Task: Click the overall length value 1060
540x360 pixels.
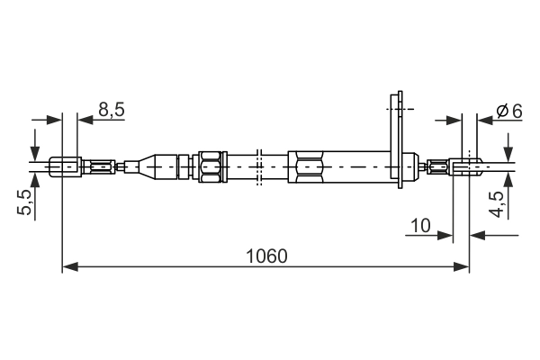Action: pyautogui.click(x=265, y=256)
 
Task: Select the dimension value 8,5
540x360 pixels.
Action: pyautogui.click(x=112, y=110)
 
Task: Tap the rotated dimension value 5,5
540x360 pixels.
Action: pyautogui.click(x=25, y=203)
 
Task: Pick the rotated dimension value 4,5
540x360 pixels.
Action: pyautogui.click(x=496, y=204)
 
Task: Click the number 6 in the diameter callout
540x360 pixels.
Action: pyautogui.click(x=516, y=111)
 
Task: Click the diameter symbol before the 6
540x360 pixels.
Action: pyautogui.click(x=501, y=111)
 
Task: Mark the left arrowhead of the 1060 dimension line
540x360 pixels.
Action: pyautogui.click(x=69, y=266)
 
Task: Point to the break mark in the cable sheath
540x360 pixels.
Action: pyautogui.click(x=258, y=166)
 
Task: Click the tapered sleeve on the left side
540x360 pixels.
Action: pyautogui.click(x=162, y=166)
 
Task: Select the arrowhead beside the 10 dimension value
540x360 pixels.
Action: pyautogui.click(x=445, y=236)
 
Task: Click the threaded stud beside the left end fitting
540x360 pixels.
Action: pyautogui.click(x=102, y=166)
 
